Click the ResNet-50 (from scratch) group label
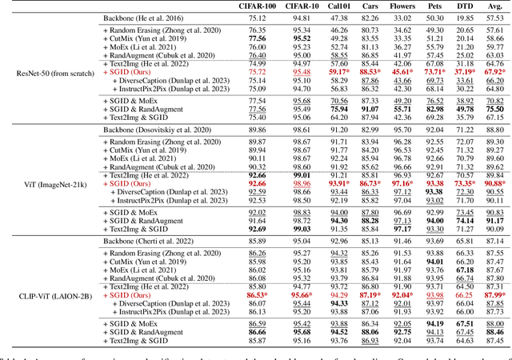[x=49, y=71]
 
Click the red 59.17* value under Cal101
[x=341, y=71]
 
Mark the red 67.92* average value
[x=496, y=71]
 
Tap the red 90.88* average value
[x=496, y=183]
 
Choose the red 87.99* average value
[x=496, y=295]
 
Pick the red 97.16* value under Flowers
[x=403, y=183]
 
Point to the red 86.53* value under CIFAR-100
[x=259, y=295]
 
